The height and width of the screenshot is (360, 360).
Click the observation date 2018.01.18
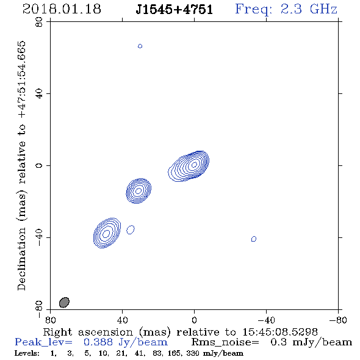click(x=62, y=9)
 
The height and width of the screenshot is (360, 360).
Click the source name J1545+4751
click(x=175, y=9)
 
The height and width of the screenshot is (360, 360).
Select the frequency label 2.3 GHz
click(x=309, y=9)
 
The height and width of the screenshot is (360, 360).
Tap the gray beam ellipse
click(x=64, y=303)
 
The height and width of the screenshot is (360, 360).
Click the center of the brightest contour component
click(x=194, y=165)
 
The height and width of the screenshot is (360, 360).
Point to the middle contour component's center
click(x=139, y=191)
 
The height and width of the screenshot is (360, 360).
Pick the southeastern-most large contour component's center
click(x=106, y=234)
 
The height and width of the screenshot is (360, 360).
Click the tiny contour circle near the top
click(x=140, y=46)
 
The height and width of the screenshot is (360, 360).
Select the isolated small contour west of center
click(x=254, y=239)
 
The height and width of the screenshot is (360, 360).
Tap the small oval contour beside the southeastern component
click(x=131, y=229)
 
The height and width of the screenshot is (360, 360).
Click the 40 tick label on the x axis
click(x=122, y=320)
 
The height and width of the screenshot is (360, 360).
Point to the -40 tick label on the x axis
click(x=266, y=320)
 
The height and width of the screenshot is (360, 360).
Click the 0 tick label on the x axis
click(x=194, y=320)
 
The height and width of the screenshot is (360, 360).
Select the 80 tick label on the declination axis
click(x=39, y=22)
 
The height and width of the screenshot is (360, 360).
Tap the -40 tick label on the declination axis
click(x=39, y=237)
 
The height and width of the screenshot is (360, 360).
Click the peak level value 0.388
click(x=98, y=342)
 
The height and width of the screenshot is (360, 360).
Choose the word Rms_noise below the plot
click(x=225, y=342)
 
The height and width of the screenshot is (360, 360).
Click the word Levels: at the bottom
click(x=27, y=353)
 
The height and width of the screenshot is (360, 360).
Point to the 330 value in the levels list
click(x=193, y=353)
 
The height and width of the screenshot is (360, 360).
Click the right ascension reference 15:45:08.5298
click(x=280, y=332)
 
